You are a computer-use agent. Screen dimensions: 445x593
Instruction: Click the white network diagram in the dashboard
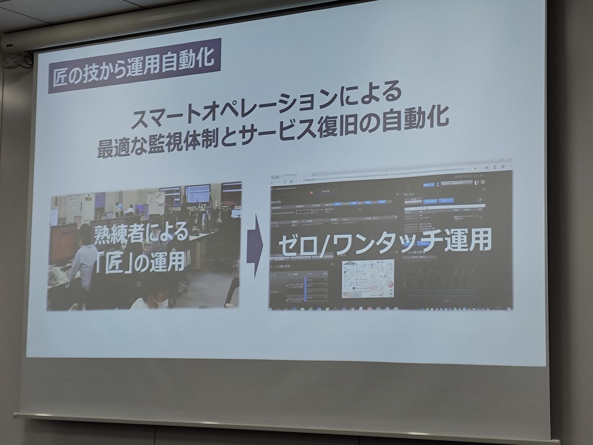368,278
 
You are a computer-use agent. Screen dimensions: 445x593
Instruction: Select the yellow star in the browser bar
475,168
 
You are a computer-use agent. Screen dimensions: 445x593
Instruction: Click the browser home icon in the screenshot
291,182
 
